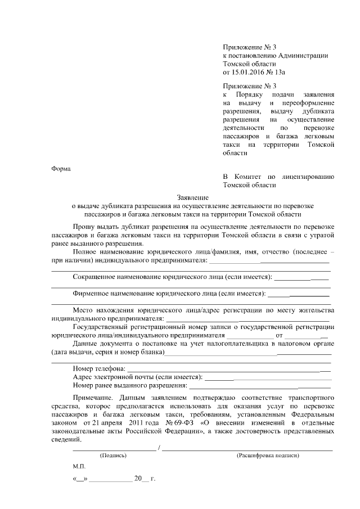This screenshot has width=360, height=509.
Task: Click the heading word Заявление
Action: tap(193, 197)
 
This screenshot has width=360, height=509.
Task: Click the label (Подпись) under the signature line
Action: tap(113, 455)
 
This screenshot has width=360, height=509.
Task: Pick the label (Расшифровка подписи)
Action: tap(268, 455)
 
